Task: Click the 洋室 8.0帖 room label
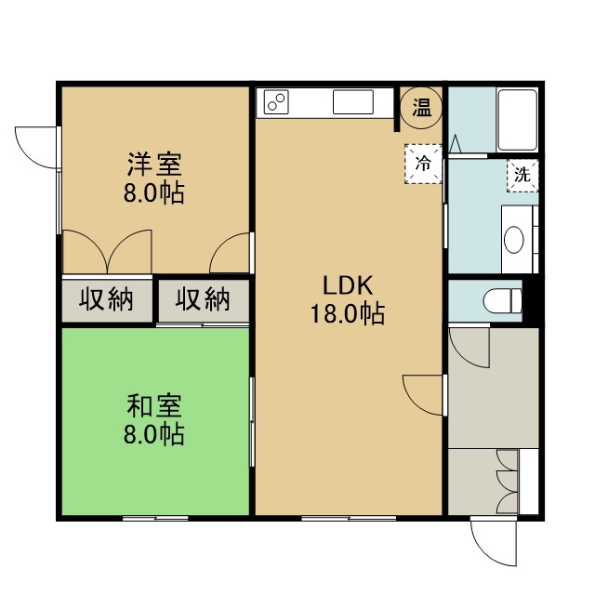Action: tap(154, 178)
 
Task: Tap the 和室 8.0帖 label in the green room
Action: tap(154, 419)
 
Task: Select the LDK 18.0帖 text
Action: tap(348, 299)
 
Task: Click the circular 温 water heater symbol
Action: tap(421, 108)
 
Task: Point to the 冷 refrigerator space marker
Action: tap(423, 164)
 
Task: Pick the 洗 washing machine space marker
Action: tap(522, 176)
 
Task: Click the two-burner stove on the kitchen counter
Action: tap(276, 102)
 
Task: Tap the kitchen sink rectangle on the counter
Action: tap(353, 101)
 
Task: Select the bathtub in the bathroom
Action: tap(517, 120)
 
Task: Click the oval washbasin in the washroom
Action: tap(514, 240)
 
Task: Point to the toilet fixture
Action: tap(502, 301)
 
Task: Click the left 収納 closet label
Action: tap(106, 299)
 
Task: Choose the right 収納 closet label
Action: tap(203, 299)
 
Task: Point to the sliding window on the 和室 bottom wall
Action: tap(155, 518)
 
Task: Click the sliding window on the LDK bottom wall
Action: tap(350, 518)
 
